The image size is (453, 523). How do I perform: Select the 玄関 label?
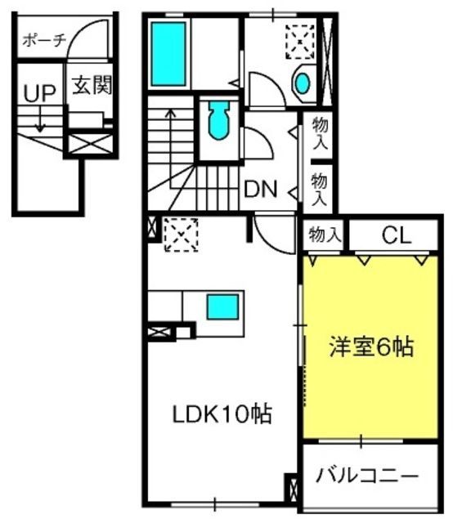[x=89, y=86]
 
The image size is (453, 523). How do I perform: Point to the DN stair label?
[x=262, y=190]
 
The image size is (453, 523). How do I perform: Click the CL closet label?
[x=396, y=238]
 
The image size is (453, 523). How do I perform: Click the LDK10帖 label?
[x=221, y=413]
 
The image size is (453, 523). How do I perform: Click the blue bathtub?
[x=170, y=54]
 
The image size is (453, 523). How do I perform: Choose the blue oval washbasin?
[x=303, y=83]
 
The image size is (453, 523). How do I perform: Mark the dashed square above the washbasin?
[x=299, y=40]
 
